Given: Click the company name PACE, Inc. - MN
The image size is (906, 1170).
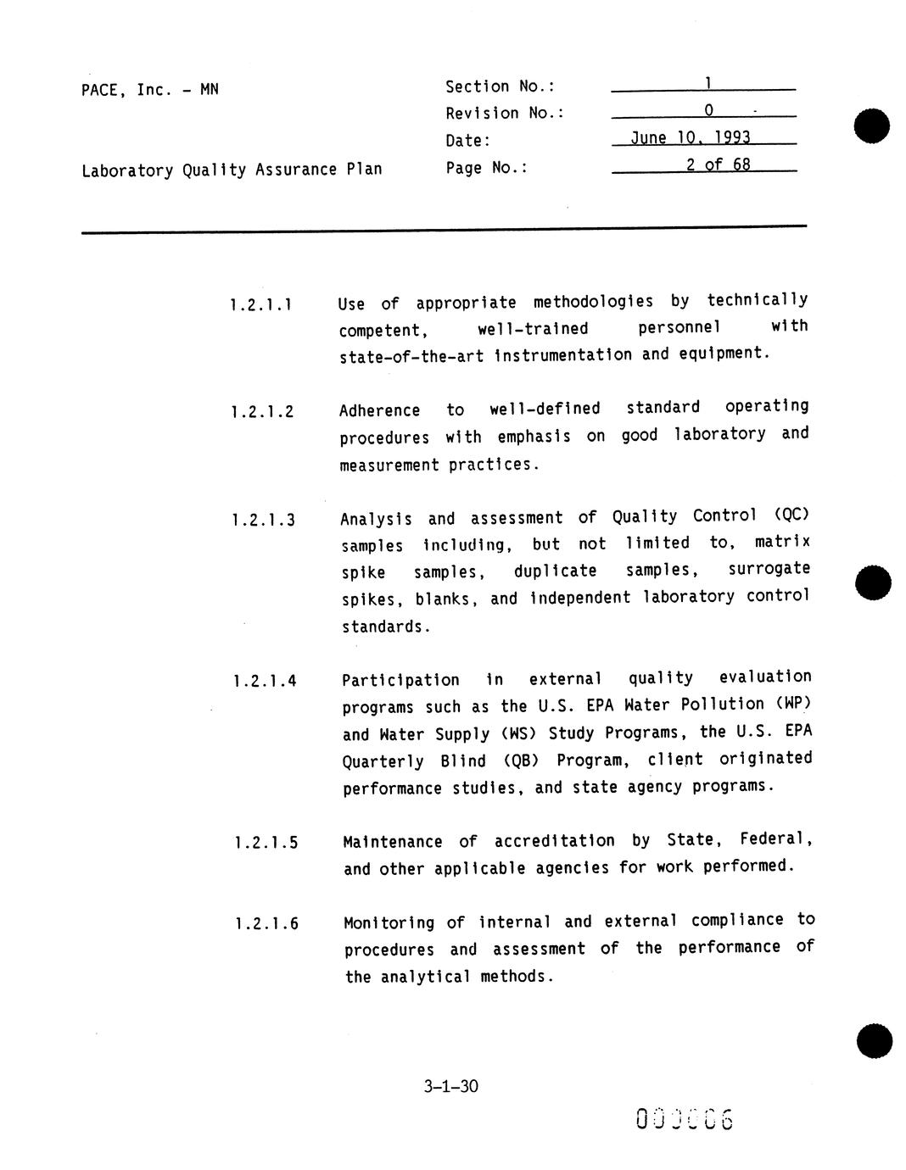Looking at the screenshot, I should (149, 89).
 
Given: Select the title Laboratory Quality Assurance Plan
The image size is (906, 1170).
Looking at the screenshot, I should (232, 170).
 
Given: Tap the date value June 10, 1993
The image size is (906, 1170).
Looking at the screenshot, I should (691, 138).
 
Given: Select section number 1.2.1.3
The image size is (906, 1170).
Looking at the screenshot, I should (263, 520).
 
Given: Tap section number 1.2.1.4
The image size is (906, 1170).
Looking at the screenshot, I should (265, 681).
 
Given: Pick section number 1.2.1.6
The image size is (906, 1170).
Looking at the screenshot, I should (266, 923).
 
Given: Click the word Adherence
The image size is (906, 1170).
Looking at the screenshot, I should (379, 410).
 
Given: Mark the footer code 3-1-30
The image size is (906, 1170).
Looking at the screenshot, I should (451, 1086).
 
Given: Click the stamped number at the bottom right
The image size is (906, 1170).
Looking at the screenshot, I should (684, 1119).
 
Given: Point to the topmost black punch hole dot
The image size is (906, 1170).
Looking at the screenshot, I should (872, 126).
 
